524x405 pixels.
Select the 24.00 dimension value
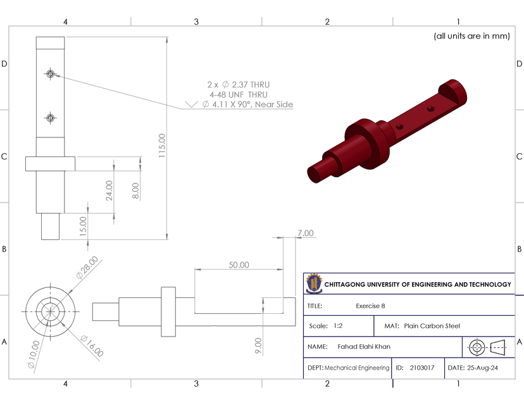(x=109, y=190)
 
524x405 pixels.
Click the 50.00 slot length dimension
(x=239, y=265)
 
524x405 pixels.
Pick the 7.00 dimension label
(x=305, y=234)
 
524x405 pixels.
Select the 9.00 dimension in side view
(x=258, y=346)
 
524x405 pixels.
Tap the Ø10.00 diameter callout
(x=33, y=354)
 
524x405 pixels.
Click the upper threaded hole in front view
(x=50, y=74)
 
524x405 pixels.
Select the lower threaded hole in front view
(x=50, y=117)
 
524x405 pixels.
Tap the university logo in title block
(x=313, y=284)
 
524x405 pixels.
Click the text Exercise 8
(x=370, y=306)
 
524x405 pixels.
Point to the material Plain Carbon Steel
(x=432, y=326)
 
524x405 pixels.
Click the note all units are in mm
(x=471, y=36)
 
